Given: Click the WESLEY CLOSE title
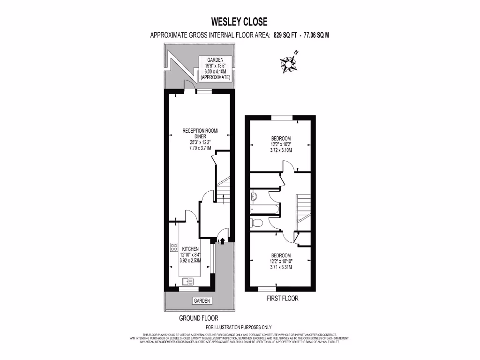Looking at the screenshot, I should tap(239, 22).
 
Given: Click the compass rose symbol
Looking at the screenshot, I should tap(289, 63).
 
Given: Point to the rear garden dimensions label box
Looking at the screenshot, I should tap(215, 69).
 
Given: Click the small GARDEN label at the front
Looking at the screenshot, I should tap(202, 301).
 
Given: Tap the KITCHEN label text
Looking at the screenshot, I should tap(191, 249).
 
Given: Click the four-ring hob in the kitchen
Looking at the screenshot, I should tap(173, 247).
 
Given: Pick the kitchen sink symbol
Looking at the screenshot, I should tap(187, 281).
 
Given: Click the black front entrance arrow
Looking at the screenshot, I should tap(223, 241).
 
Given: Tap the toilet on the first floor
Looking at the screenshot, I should tap(256, 222).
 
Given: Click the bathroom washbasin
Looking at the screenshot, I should tap(254, 196).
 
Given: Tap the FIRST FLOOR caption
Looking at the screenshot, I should tap(282, 298).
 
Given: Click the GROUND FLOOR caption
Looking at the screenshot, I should tap(198, 318).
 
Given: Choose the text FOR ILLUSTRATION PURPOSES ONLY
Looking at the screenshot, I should tap(239, 327).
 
